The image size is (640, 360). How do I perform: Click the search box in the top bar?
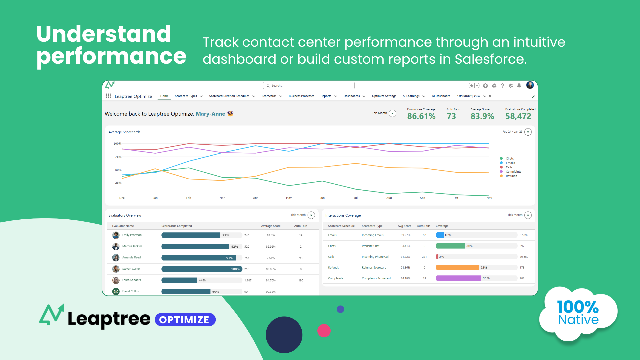pyautogui.click(x=308, y=86)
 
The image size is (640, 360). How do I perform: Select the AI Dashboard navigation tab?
pyautogui.click(x=441, y=96)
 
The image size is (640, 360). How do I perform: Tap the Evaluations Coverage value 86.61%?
pyautogui.click(x=421, y=116)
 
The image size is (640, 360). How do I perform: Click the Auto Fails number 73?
pyautogui.click(x=451, y=116)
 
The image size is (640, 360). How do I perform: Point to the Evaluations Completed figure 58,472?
pyautogui.click(x=518, y=116)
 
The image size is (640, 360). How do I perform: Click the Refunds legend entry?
pyautogui.click(x=511, y=176)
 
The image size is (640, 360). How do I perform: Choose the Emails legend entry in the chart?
pyautogui.click(x=510, y=163)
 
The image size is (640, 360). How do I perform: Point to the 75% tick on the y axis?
pyautogui.click(x=118, y=157)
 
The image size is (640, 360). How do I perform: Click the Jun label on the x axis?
pyautogui.click(x=322, y=198)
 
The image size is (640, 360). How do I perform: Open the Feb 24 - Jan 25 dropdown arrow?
pyautogui.click(x=528, y=132)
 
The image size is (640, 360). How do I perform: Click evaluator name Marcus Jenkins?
pyautogui.click(x=132, y=246)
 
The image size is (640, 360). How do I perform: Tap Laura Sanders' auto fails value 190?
pyautogui.click(x=301, y=280)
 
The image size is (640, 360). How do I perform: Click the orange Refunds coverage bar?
pyautogui.click(x=457, y=268)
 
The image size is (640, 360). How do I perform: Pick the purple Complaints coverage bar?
pyautogui.click(x=458, y=278)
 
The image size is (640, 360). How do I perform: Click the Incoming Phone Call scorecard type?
pyautogui.click(x=375, y=257)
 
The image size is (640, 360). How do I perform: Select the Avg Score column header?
pyautogui.click(x=404, y=226)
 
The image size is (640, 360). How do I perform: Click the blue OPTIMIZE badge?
pyautogui.click(x=185, y=320)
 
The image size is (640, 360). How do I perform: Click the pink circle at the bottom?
pyautogui.click(x=324, y=331)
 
